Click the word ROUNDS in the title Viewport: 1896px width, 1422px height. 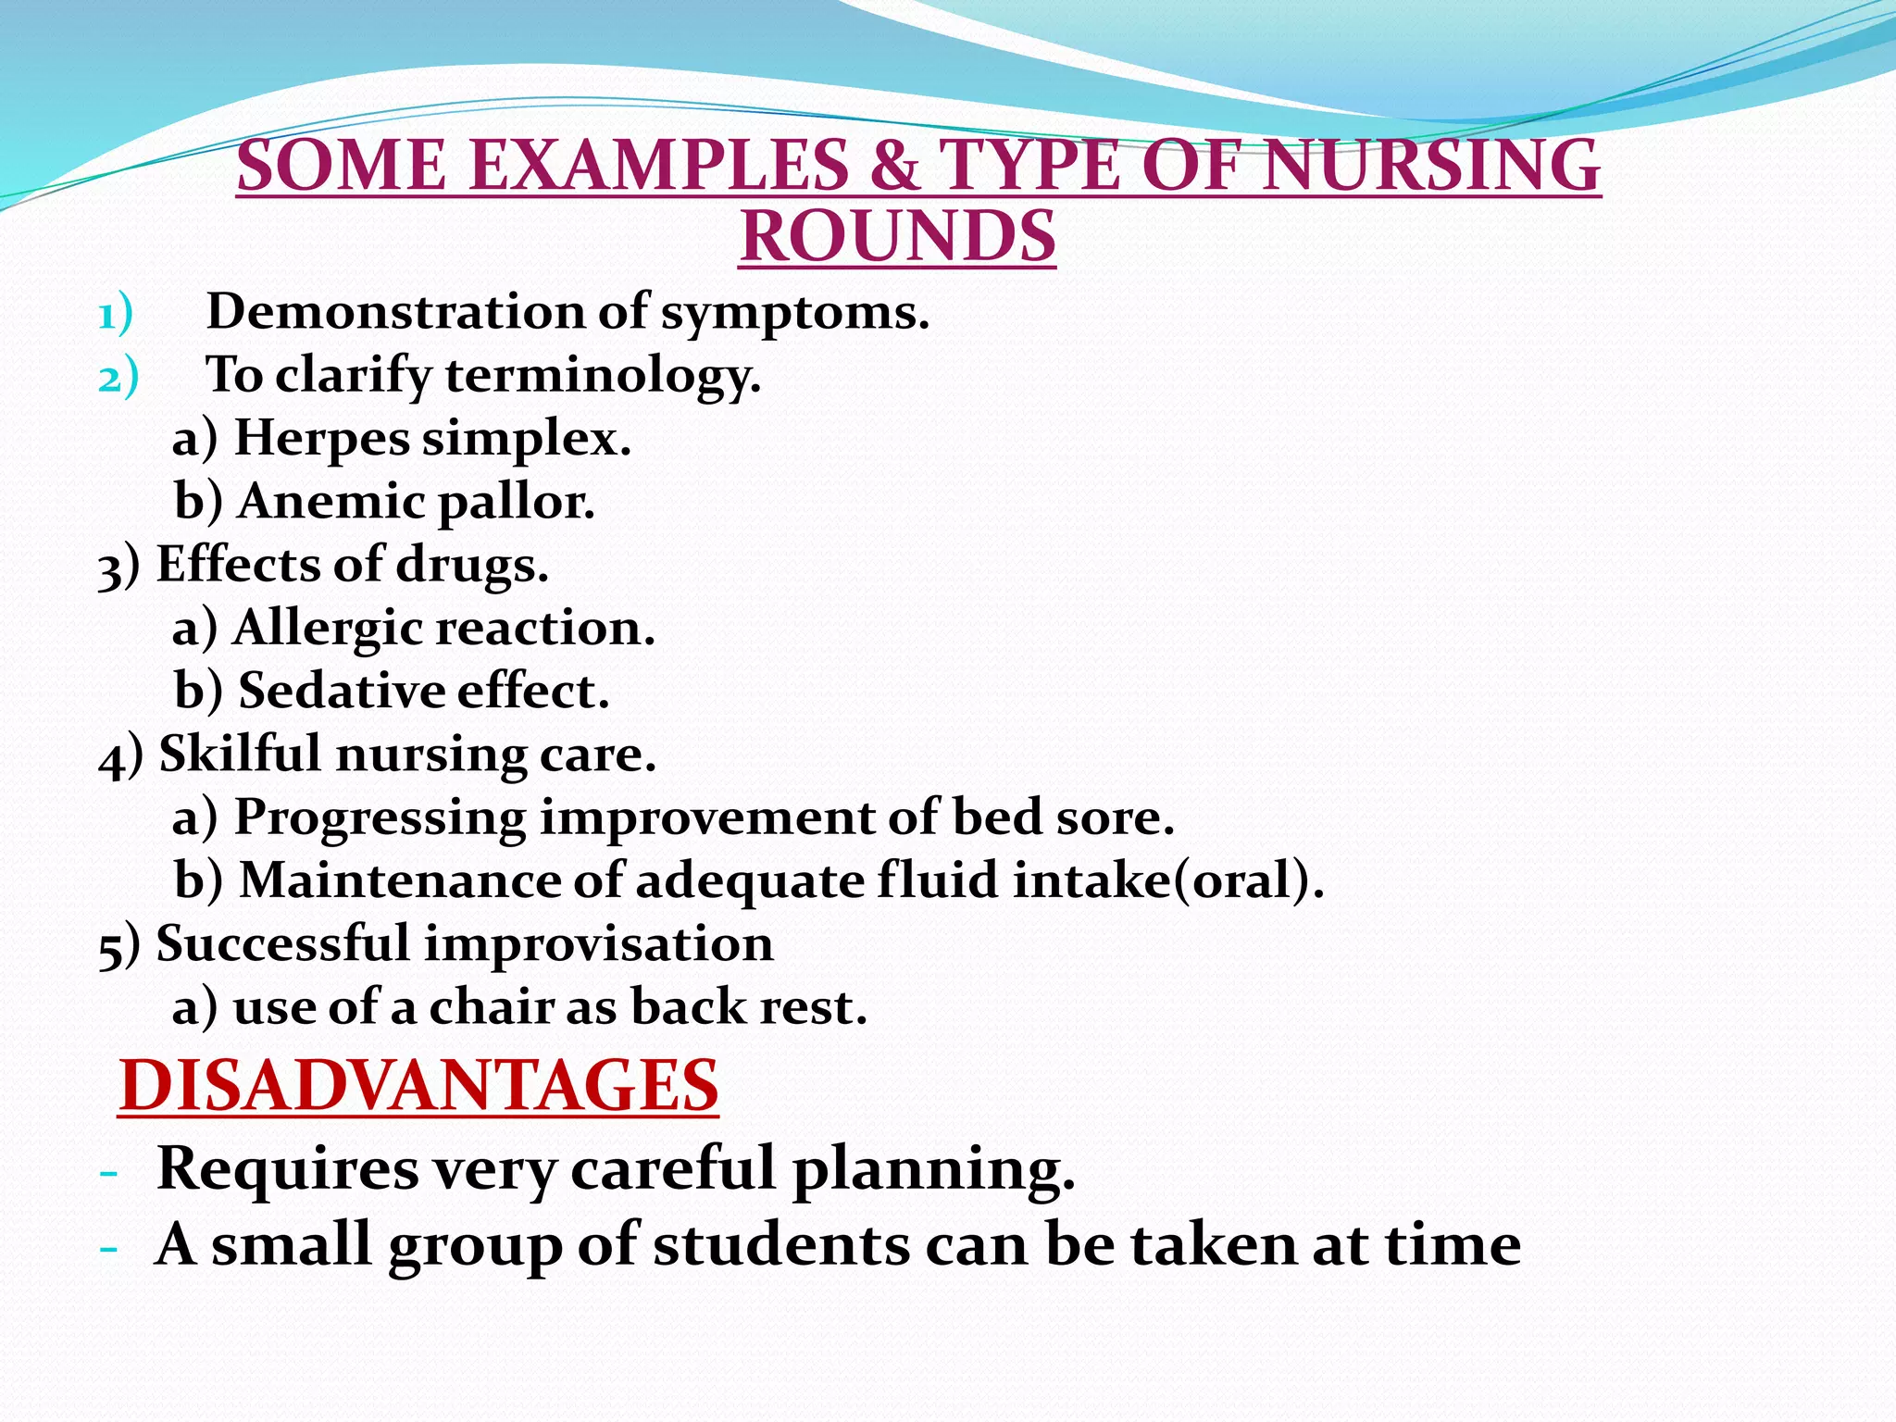(x=897, y=237)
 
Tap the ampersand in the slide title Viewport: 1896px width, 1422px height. (x=892, y=166)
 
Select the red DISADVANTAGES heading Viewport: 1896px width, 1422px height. (x=418, y=1086)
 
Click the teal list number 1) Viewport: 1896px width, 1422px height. (x=116, y=314)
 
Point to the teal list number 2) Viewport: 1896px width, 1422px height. (x=118, y=378)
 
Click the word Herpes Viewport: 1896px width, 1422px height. (x=321, y=437)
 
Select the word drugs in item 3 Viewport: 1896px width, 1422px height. (x=472, y=565)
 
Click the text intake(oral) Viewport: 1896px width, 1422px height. (x=1168, y=880)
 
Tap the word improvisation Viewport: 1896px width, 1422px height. (x=599, y=944)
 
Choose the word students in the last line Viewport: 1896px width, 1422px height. (x=780, y=1245)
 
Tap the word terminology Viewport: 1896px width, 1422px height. (x=603, y=377)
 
